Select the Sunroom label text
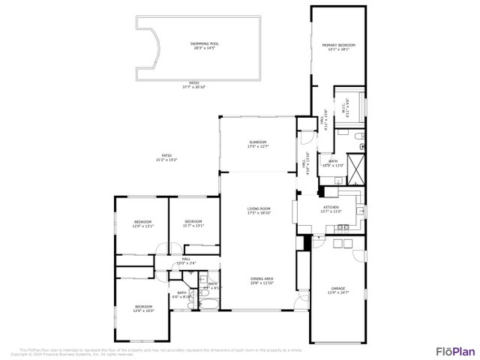click(258, 142)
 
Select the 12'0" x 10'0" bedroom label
click(143, 307)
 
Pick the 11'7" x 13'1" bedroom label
click(193, 223)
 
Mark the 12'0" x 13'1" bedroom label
click(143, 223)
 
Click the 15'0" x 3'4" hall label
click(185, 261)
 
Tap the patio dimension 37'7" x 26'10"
click(193, 85)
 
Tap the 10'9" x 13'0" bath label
click(331, 163)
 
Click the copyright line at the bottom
click(75, 353)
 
